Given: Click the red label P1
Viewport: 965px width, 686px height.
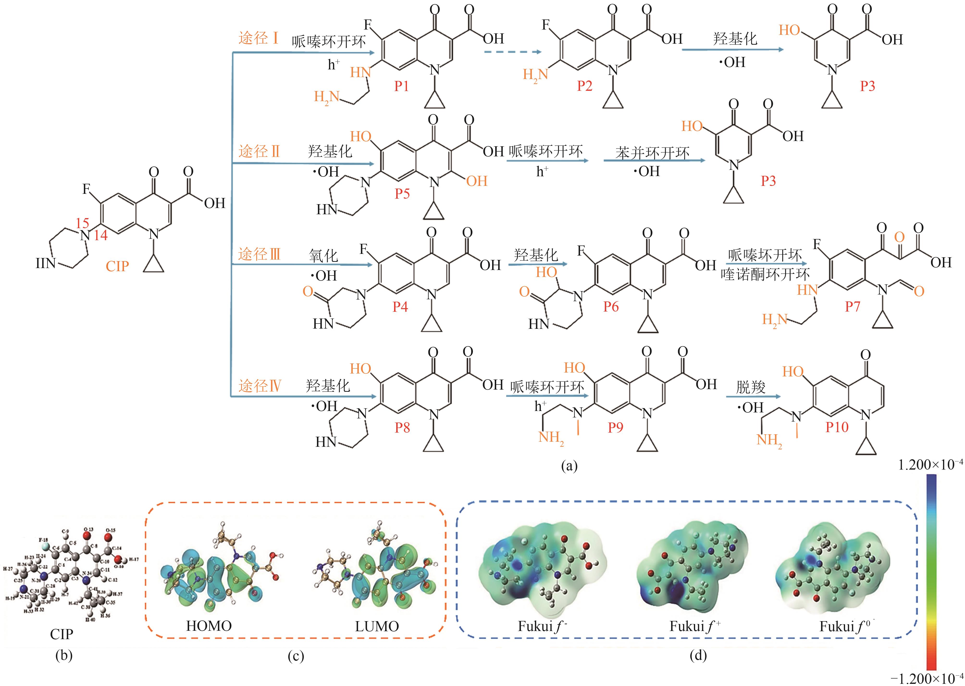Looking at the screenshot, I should tap(401, 86).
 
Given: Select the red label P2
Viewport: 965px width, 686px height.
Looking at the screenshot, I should tap(585, 86).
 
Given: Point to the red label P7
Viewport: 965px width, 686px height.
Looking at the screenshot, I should tap(852, 307).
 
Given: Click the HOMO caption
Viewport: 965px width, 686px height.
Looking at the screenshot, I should tap(209, 626).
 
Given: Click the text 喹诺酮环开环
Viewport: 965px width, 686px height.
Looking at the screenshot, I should tap(765, 275).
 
